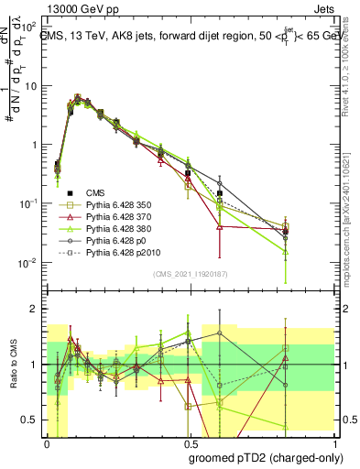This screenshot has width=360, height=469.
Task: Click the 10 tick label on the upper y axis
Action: point(29,86)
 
